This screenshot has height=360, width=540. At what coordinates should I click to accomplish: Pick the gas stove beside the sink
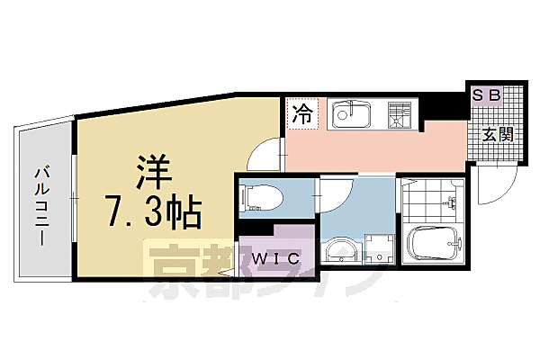398,114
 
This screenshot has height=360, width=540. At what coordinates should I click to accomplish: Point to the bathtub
434,242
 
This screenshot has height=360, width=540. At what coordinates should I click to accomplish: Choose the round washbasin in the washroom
340,250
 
